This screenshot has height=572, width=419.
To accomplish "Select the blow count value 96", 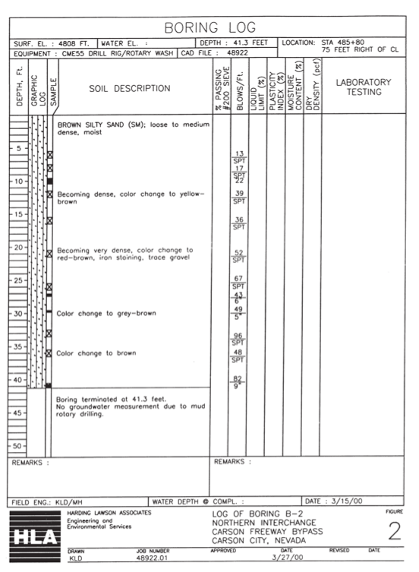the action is tap(238, 336).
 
